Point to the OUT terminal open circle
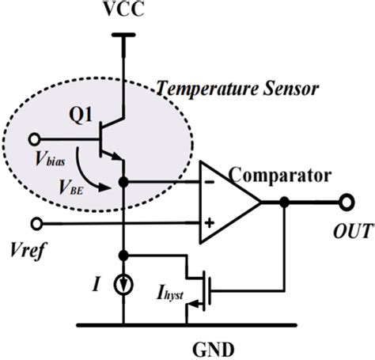pyautogui.click(x=345, y=202)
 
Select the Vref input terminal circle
pyautogui.click(x=32, y=223)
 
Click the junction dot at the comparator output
pyautogui.click(x=282, y=202)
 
